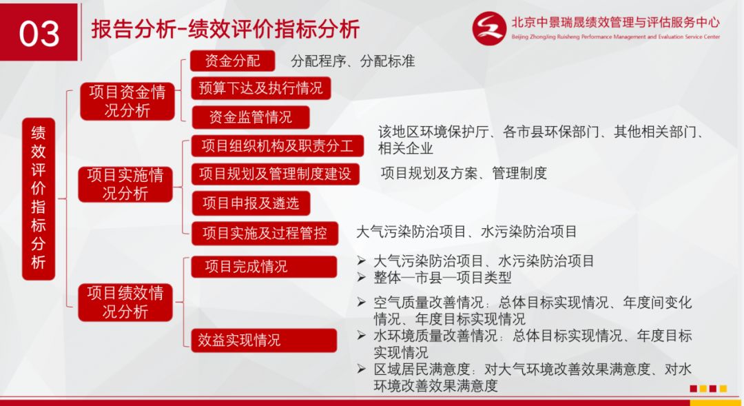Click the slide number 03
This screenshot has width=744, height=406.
click(39, 33)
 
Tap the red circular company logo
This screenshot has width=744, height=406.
click(489, 28)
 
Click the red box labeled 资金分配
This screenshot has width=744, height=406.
click(233, 61)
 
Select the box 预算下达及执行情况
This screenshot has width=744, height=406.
click(260, 88)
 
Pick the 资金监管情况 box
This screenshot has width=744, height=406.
click(251, 116)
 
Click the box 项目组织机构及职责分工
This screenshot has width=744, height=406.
click(278, 145)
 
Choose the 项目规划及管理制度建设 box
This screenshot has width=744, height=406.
click(275, 174)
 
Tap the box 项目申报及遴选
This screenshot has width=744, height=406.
click(251, 203)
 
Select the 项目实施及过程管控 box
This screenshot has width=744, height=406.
click(265, 233)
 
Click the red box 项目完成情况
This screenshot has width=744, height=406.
click(264, 266)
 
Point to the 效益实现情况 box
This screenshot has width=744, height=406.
click(264, 340)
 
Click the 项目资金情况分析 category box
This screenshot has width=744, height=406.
click(127, 101)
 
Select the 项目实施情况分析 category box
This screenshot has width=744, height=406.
click(125, 184)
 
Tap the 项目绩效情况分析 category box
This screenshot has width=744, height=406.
click(125, 303)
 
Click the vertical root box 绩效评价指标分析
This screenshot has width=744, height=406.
click(39, 199)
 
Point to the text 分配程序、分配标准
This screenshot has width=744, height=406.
click(353, 61)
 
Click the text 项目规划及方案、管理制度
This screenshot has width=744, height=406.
click(464, 173)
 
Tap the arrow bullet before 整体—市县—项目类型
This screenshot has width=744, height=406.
click(362, 277)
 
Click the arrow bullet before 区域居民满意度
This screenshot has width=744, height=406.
click(362, 369)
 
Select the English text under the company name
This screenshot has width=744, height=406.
click(615, 37)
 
